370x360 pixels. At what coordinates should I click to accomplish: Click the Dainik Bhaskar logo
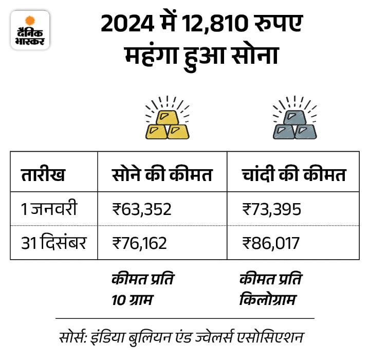[30, 30]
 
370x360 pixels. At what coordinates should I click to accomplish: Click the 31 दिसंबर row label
[53, 242]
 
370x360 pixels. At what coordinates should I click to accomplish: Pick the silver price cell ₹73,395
[271, 209]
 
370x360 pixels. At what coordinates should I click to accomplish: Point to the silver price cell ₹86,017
[270, 242]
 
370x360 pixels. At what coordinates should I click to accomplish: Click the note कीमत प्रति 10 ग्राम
[142, 289]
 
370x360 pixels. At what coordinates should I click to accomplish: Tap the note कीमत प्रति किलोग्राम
[271, 289]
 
